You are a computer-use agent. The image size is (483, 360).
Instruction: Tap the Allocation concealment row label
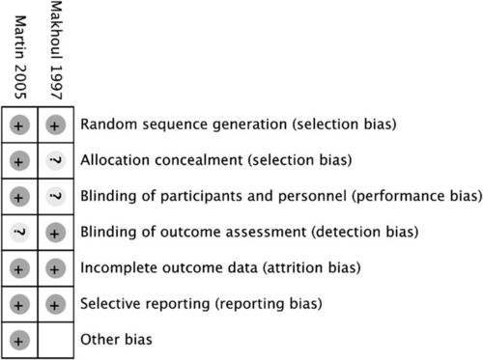(215, 160)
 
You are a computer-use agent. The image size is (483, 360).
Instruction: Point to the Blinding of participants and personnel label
(281, 196)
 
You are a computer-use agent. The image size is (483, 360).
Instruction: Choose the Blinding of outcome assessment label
(250, 232)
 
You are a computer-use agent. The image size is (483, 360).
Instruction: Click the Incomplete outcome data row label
(219, 267)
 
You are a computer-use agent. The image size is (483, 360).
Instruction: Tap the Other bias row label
(117, 340)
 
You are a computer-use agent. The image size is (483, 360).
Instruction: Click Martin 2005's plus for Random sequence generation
(20, 125)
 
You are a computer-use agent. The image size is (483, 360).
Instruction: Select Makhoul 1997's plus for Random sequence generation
(56, 125)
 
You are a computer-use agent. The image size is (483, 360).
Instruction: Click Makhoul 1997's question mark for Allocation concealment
(56, 160)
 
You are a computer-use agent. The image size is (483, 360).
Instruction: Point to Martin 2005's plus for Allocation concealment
(20, 160)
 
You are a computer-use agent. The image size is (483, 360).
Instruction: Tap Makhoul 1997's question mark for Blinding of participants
(56, 196)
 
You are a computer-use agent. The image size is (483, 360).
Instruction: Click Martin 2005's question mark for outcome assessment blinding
(20, 232)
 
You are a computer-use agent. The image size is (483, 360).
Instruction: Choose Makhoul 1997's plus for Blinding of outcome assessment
(56, 232)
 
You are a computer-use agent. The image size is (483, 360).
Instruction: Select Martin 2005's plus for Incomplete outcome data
(20, 267)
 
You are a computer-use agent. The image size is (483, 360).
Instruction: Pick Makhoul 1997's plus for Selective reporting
(56, 303)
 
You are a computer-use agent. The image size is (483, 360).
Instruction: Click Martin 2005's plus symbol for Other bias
(20, 340)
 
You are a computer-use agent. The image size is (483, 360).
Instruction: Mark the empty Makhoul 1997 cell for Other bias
(56, 340)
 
